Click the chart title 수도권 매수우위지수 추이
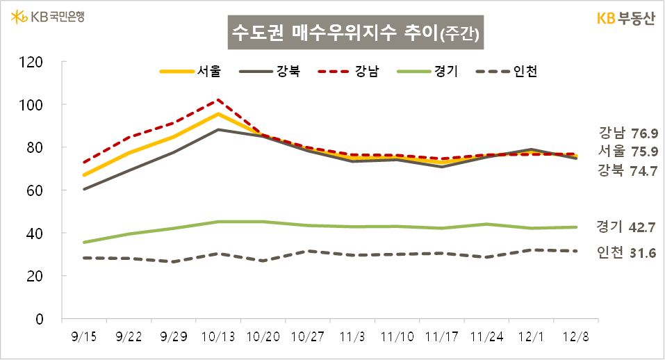point(354,33)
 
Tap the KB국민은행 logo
point(48,16)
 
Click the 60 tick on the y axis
point(36,190)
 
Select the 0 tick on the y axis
point(40,319)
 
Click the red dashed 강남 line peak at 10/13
point(218,99)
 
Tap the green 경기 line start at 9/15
point(84,243)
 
